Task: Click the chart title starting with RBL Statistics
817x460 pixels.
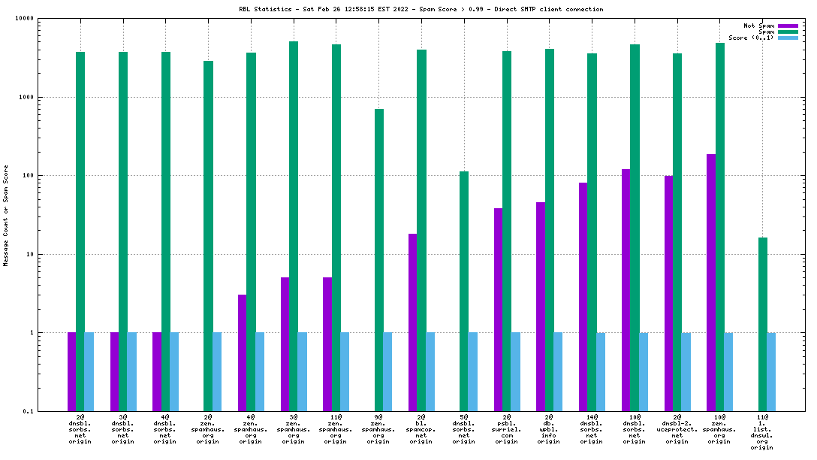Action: (x=421, y=9)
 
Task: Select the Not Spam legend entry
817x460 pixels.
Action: (x=759, y=26)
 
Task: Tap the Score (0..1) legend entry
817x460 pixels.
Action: (x=751, y=38)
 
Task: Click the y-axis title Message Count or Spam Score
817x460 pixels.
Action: (x=6, y=216)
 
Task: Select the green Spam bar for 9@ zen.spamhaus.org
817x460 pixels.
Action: (x=379, y=259)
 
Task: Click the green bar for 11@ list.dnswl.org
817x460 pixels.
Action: (x=763, y=324)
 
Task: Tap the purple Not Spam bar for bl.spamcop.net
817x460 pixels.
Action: (x=412, y=322)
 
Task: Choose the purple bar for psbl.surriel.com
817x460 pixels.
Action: (x=498, y=310)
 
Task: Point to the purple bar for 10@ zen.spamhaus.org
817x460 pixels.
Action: (x=711, y=283)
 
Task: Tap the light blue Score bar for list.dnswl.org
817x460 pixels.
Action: (x=771, y=372)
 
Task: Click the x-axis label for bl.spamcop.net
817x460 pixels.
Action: (x=421, y=428)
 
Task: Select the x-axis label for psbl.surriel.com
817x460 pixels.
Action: (x=507, y=428)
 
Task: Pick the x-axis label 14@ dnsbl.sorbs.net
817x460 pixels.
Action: (x=592, y=428)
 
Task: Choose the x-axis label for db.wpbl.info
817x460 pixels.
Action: (x=549, y=428)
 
